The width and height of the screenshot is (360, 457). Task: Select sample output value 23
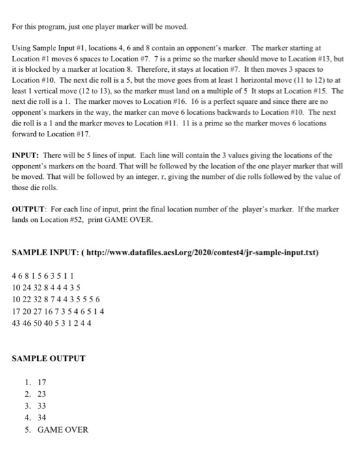[42, 394]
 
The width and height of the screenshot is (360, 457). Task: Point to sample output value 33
[42, 405]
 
